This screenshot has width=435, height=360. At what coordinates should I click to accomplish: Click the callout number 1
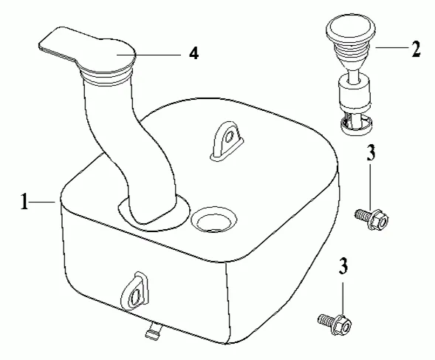click(x=24, y=202)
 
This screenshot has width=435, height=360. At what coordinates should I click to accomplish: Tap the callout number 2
click(x=416, y=49)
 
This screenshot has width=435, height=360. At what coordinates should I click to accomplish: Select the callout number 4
click(x=194, y=53)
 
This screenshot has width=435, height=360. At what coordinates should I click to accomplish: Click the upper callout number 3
click(x=371, y=152)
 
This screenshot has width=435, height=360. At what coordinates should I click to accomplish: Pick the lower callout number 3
click(x=343, y=266)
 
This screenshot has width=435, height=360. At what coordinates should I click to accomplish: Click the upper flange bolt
click(x=372, y=218)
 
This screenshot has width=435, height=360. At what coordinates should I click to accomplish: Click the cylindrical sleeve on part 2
click(x=354, y=94)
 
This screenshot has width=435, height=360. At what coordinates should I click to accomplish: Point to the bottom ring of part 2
click(x=356, y=126)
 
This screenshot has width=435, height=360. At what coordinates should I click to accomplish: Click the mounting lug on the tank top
click(x=227, y=141)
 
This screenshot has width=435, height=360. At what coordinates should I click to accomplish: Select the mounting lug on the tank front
click(x=134, y=291)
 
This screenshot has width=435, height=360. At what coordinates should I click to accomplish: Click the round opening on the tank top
click(x=214, y=220)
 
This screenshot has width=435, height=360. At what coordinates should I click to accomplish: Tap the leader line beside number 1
click(x=41, y=202)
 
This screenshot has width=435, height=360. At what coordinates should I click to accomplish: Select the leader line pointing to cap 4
click(x=148, y=55)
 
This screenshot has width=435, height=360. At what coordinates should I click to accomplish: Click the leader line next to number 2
click(x=392, y=47)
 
